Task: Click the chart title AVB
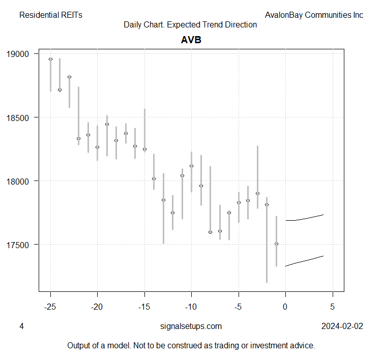coord(191,40)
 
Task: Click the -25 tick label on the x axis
coord(50,307)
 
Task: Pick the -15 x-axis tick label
coord(144,307)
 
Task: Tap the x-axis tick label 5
coord(333,307)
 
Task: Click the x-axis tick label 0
coord(286,307)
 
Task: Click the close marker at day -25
coord(50,59)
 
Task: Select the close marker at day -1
coord(276,244)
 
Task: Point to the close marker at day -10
coord(191,166)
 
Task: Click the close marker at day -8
coord(210,232)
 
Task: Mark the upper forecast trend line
coord(305,219)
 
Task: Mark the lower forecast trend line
coord(305,260)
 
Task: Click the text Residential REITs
coord(50,15)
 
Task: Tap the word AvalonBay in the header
coord(284,15)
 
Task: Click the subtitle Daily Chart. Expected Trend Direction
coord(190,25)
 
